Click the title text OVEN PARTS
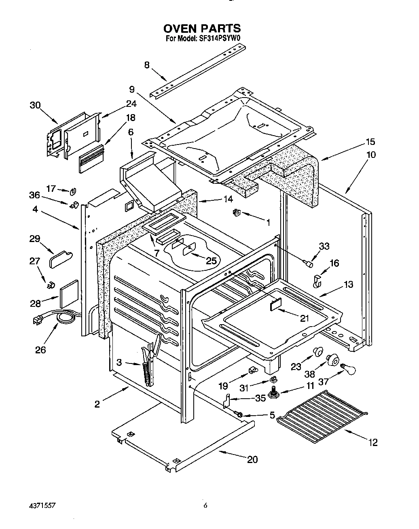tap(202, 29)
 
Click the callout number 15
tap(370, 142)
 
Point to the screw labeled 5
tap(239, 414)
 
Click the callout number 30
tap(35, 105)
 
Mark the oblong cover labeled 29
tap(61, 259)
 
